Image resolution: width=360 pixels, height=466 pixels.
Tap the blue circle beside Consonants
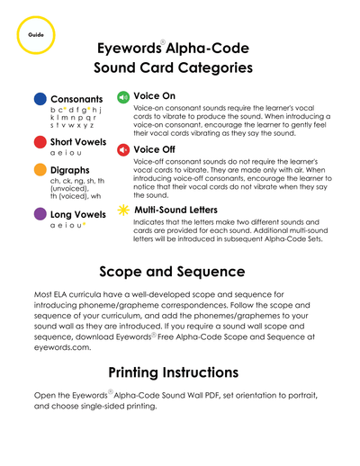40,99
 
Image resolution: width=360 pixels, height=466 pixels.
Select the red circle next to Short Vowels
40,142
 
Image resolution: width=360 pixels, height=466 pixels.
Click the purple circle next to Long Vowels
40,214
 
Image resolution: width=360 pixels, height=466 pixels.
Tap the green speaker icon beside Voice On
123,95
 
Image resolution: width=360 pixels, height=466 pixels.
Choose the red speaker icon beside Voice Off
123,150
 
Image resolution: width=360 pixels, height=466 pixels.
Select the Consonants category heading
76,99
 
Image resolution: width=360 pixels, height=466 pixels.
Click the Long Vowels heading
80,214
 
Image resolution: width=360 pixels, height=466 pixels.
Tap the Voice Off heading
154,150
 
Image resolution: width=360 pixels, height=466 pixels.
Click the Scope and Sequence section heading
180,271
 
